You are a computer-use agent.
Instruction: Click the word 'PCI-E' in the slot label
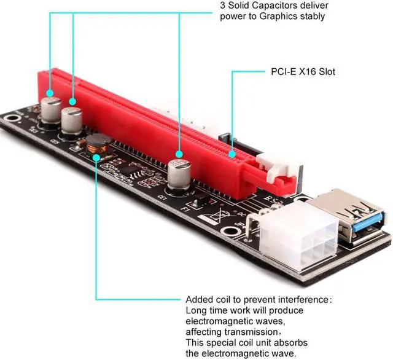click(284, 72)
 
